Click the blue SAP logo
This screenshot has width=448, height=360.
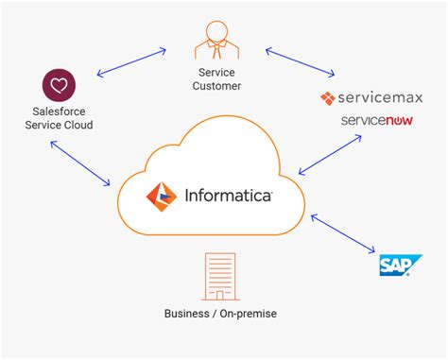pyautogui.click(x=394, y=266)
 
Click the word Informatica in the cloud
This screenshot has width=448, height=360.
pyautogui.click(x=228, y=197)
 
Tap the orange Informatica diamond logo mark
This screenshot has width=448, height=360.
pyautogui.click(x=161, y=197)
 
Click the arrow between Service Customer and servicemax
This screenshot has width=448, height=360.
pyautogui.click(x=301, y=60)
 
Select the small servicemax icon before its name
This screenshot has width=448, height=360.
pyautogui.click(x=328, y=98)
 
